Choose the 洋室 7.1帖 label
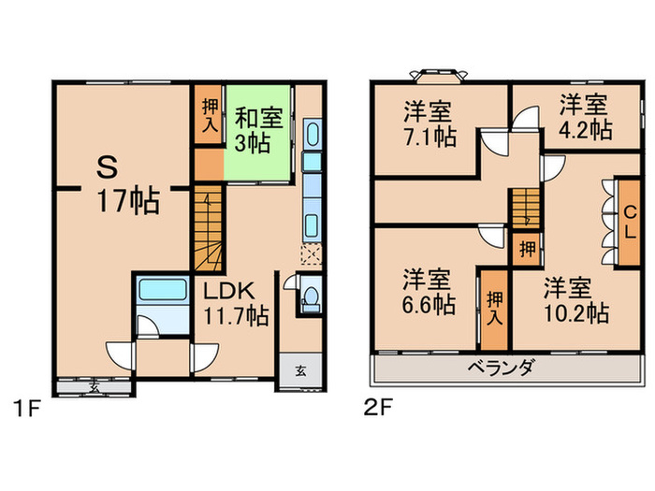[429, 124]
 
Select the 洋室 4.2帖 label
[586, 116]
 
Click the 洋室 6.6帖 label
[429, 292]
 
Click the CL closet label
[632, 223]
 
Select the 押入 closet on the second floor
[493, 307]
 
